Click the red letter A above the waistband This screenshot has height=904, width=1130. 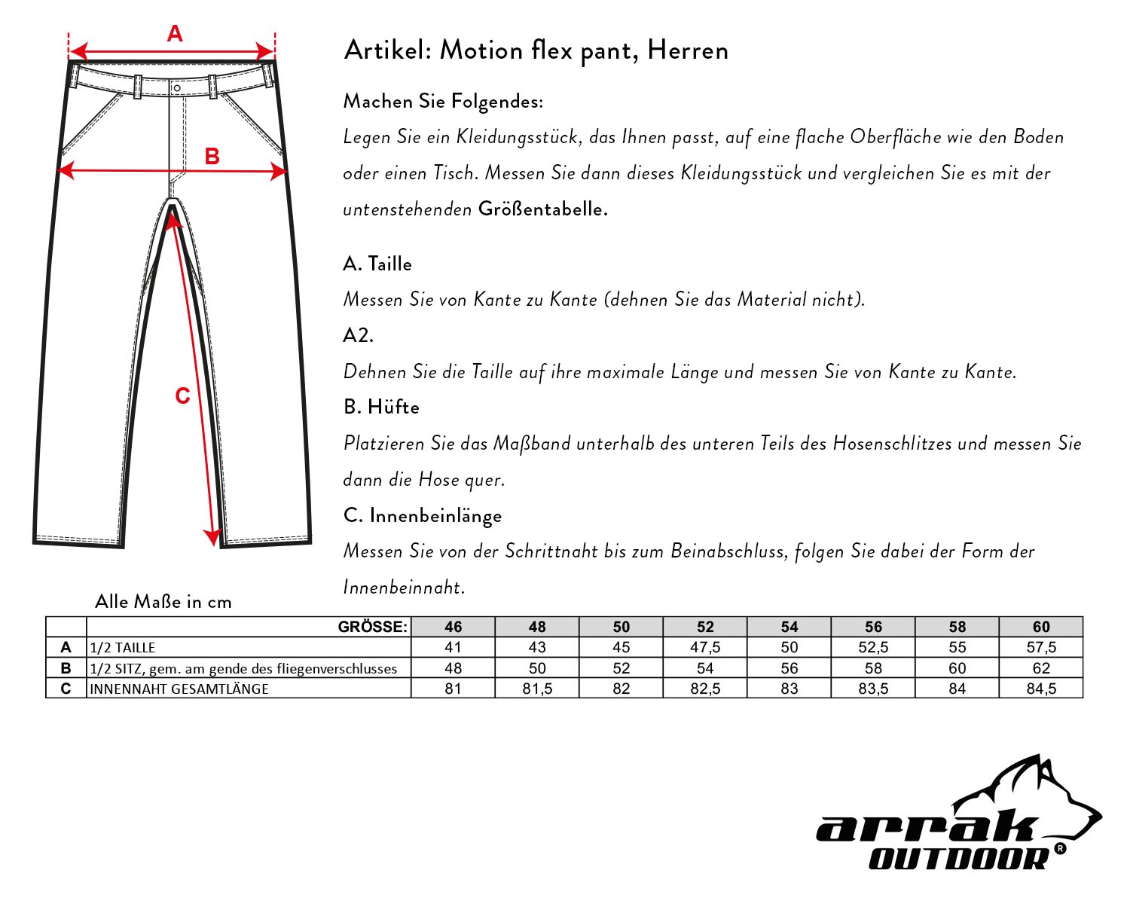tap(175, 34)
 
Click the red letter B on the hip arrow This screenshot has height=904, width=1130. tap(212, 156)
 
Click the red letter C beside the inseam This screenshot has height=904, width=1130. tap(182, 396)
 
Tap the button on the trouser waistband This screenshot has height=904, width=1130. tap(176, 88)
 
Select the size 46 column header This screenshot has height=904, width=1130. tap(453, 627)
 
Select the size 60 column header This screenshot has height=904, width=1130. tap(1041, 627)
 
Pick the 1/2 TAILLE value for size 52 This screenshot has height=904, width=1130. tap(705, 647)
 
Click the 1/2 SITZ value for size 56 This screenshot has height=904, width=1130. tap(873, 668)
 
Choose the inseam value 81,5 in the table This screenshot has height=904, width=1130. tap(537, 689)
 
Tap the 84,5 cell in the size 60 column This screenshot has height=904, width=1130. tap(1041, 689)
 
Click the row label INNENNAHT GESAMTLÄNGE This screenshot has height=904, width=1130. tap(179, 689)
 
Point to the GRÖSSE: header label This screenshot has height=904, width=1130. tap(373, 627)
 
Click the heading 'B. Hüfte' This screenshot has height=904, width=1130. tap(381, 407)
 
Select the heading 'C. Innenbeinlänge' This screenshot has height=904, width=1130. tap(422, 516)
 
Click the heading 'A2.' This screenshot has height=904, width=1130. tap(359, 335)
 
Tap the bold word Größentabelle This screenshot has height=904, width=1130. tap(542, 209)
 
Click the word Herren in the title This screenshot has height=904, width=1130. tap(688, 50)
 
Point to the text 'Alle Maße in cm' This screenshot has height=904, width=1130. tap(163, 602)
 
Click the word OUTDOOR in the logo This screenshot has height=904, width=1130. tap(958, 858)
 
